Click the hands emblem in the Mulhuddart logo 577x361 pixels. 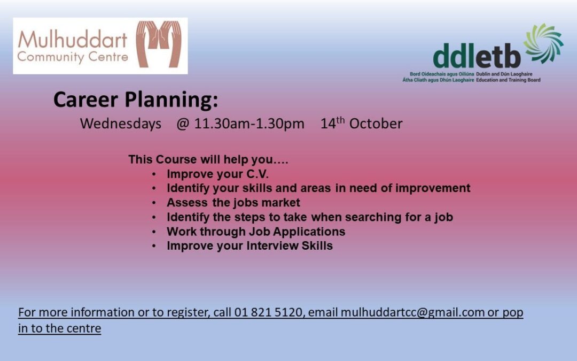pos(159,44)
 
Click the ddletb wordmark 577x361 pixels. pos(477,56)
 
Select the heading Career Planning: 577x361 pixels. pos(136,100)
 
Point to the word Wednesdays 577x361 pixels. pos(121,124)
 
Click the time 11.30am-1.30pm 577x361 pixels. pos(249,124)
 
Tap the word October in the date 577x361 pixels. pos(376,124)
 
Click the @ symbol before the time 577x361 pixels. pos(183,124)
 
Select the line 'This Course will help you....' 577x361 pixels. pos(208,159)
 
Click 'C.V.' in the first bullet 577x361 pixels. pos(257,174)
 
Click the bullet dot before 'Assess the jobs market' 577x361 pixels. pos(154,203)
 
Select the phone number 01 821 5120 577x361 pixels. pos(268,312)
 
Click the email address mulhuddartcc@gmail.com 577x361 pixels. pos(412,312)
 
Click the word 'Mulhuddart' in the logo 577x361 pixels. pos(73,40)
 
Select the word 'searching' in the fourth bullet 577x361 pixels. pos(373,217)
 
